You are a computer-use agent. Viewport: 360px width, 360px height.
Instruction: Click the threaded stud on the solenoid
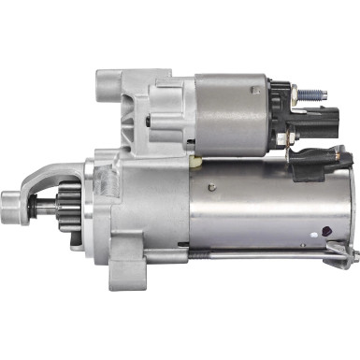point(313,94)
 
